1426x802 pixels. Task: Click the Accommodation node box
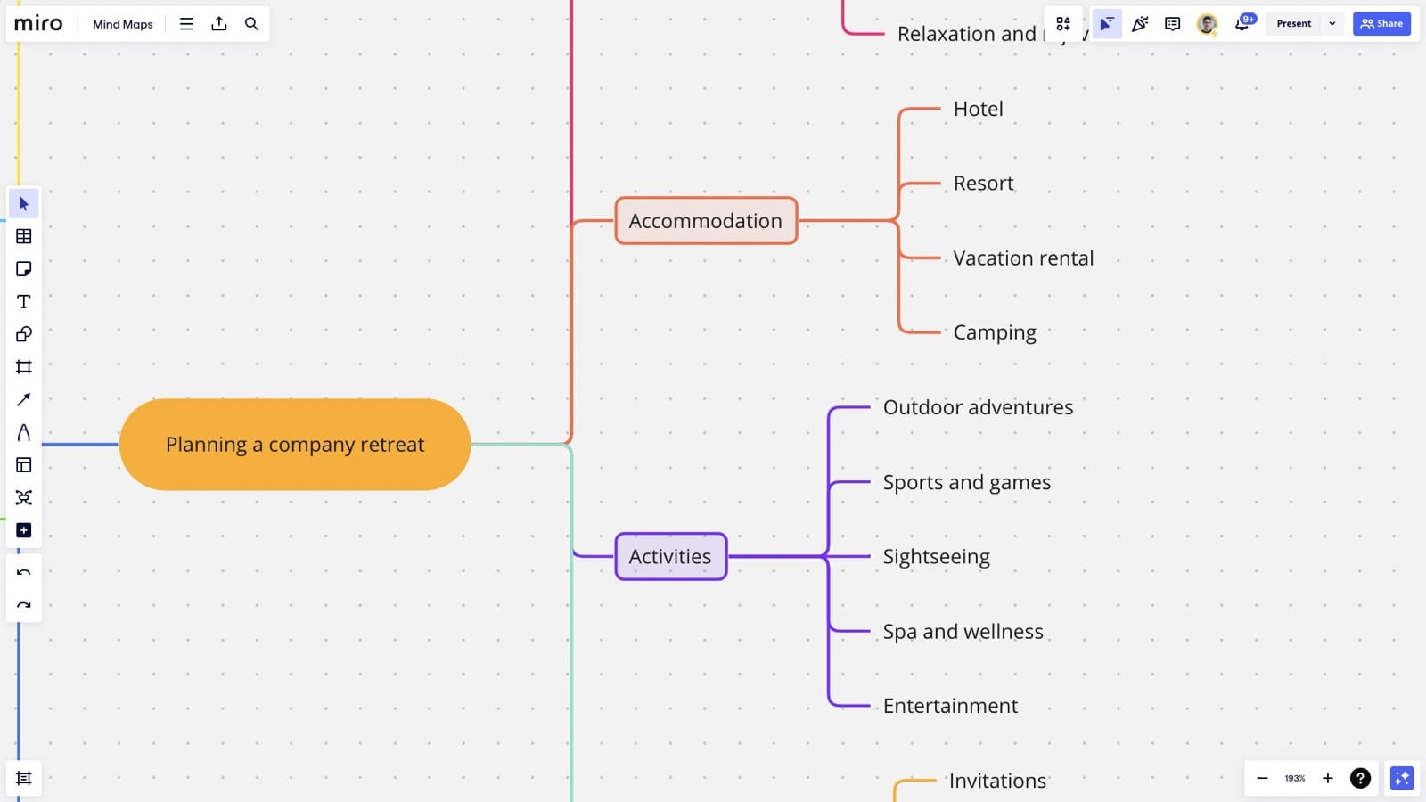click(x=705, y=221)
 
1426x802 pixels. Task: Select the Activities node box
click(x=670, y=557)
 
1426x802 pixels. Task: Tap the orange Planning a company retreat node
click(x=295, y=445)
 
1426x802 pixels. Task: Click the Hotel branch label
click(x=978, y=109)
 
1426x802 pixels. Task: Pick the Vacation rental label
click(x=1023, y=258)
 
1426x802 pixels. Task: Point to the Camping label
click(x=995, y=332)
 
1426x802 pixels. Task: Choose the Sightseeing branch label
click(x=936, y=557)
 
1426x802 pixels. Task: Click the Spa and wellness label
click(x=963, y=632)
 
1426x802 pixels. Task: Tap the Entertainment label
click(x=950, y=706)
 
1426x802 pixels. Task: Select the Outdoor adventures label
click(x=978, y=407)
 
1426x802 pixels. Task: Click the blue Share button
click(x=1381, y=24)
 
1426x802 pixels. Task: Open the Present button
click(x=1293, y=24)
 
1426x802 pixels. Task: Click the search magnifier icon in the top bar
click(x=251, y=24)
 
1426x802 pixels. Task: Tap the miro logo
click(x=38, y=24)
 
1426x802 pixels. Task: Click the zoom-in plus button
click(x=1327, y=778)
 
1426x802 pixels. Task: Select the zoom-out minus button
click(x=1262, y=778)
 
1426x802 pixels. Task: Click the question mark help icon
click(x=1360, y=778)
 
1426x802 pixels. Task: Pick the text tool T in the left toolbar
click(x=24, y=302)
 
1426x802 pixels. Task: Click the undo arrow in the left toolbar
click(x=24, y=573)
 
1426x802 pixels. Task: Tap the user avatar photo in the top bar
click(x=1207, y=24)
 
